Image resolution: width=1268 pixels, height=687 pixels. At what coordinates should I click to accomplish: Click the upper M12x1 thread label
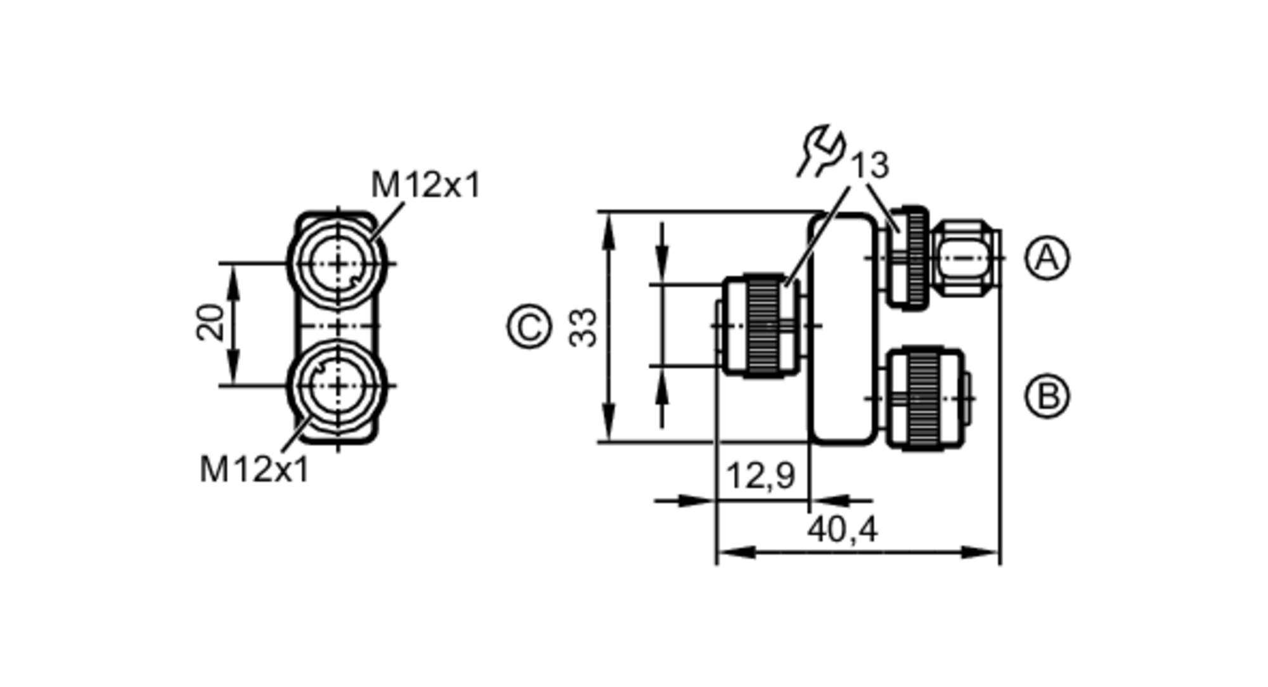pos(425,185)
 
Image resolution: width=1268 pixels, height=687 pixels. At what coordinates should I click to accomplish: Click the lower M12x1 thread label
pos(254,470)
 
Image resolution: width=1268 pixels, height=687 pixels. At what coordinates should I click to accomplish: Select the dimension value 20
pos(211,323)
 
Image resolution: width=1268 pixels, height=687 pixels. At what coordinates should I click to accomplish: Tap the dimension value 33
pos(583,327)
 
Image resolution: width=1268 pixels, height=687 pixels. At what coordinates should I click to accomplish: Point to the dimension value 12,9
pos(760,476)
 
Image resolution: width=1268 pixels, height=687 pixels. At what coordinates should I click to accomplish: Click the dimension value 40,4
pos(842,529)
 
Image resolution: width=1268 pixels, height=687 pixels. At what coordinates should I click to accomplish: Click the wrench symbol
pos(822,151)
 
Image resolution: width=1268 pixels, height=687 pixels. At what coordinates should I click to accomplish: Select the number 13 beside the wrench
pos(869,166)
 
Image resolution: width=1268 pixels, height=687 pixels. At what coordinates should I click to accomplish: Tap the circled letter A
pos(1047,258)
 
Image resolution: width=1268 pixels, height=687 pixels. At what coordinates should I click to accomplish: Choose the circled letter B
pos(1047,396)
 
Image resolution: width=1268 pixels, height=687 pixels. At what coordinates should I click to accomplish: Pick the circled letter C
pos(529,327)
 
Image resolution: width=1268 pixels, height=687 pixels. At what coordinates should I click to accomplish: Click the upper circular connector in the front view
pos(337,262)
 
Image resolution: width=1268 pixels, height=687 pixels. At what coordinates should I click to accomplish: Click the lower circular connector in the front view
pos(337,385)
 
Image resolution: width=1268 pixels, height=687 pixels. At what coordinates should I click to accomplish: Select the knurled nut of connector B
pos(922,398)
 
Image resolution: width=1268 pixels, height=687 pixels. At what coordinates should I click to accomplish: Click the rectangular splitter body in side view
pos(842,327)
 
